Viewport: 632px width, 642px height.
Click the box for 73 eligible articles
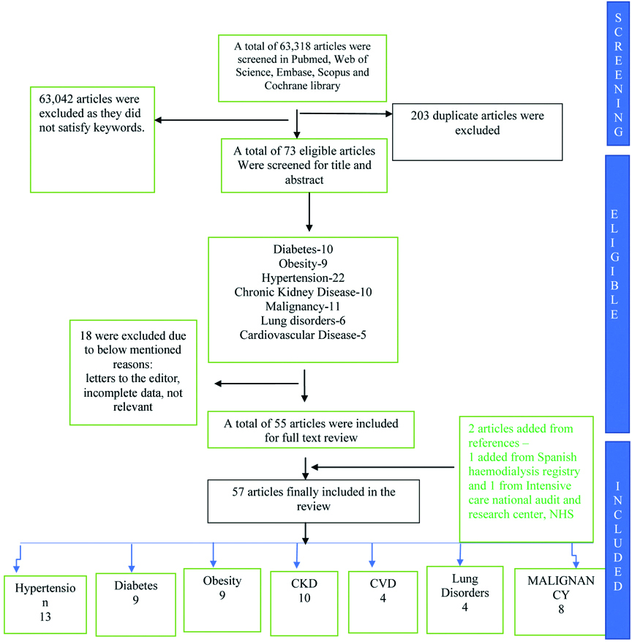click(x=304, y=165)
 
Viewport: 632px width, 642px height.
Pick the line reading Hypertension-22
click(x=303, y=277)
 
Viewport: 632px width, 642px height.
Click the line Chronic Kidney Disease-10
click(x=303, y=291)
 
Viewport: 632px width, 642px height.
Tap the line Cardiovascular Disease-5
click(x=303, y=335)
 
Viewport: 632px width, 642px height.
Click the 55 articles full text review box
click(x=312, y=429)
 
